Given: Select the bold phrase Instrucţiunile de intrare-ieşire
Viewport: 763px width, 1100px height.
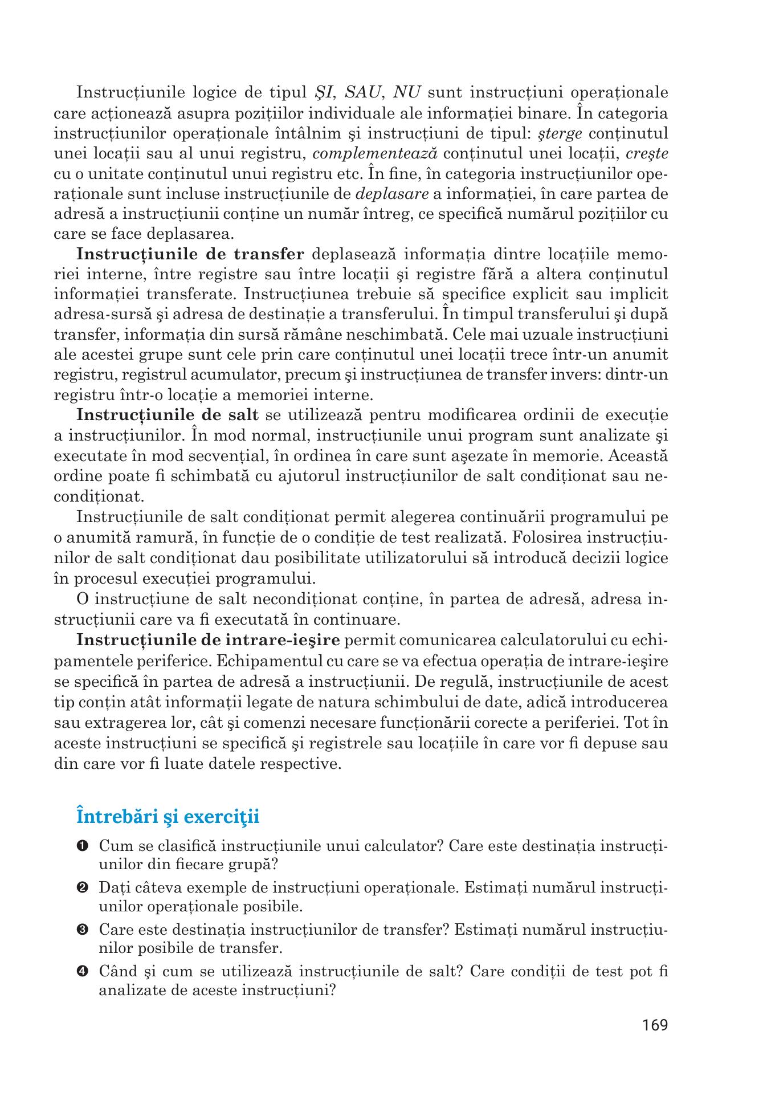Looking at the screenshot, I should click(x=208, y=639).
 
